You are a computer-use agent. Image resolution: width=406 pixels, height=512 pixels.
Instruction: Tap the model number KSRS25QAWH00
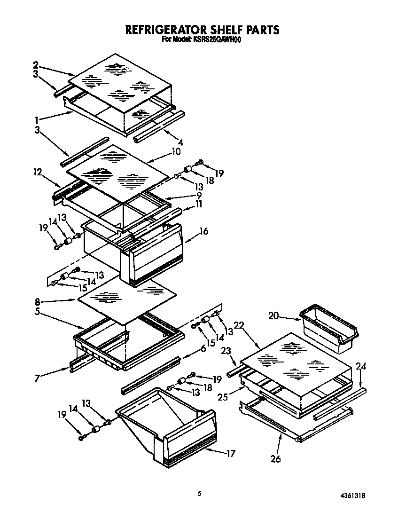pos(217,40)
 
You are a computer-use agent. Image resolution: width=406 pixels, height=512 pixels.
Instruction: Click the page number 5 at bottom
pos(200,493)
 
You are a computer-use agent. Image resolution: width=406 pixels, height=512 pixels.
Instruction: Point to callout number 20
pos(273,317)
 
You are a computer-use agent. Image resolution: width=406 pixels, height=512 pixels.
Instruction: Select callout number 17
pos(230,454)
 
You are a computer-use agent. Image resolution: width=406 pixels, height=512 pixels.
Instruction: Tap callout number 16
pos(203,231)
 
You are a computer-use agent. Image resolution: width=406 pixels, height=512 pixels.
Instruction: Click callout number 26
pos(276,458)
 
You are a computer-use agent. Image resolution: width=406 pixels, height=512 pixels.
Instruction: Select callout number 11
pos(199,204)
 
